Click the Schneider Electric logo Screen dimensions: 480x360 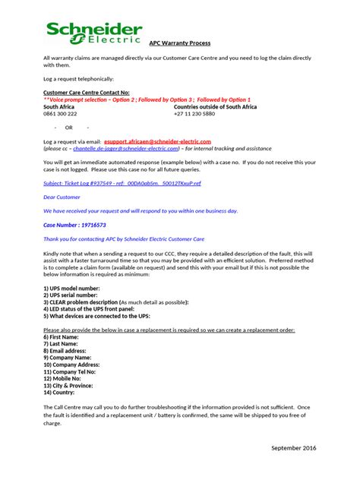[x=93, y=33]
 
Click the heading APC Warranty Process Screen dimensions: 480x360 [x=179, y=43]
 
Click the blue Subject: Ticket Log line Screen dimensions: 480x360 [x=122, y=183]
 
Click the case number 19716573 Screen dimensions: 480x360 [x=74, y=225]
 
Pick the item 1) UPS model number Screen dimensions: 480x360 [x=71, y=289]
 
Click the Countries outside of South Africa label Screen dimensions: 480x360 [x=215, y=107]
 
